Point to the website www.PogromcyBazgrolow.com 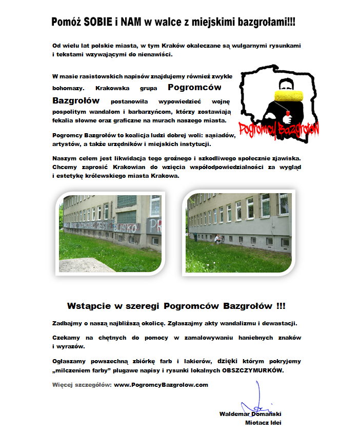click(161, 385)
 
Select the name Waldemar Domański click(250, 413)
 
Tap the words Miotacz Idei click(264, 423)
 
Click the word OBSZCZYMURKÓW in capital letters click(252, 370)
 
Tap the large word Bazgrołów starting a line click(76, 100)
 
